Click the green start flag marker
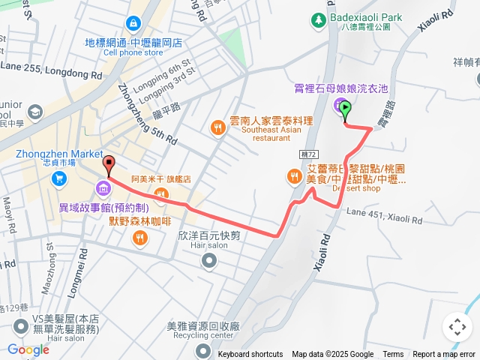(x=345, y=110)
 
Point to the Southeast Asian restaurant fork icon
(x=217, y=127)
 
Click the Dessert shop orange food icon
(x=293, y=176)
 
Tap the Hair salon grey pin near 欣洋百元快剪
(x=208, y=261)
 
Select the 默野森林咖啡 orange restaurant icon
(x=139, y=238)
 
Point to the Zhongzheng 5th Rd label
(x=146, y=112)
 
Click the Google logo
(x=28, y=349)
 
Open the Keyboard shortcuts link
(x=250, y=355)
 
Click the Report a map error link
(x=444, y=355)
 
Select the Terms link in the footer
(x=393, y=355)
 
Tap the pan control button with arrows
(x=456, y=327)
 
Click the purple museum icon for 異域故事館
(x=103, y=187)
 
